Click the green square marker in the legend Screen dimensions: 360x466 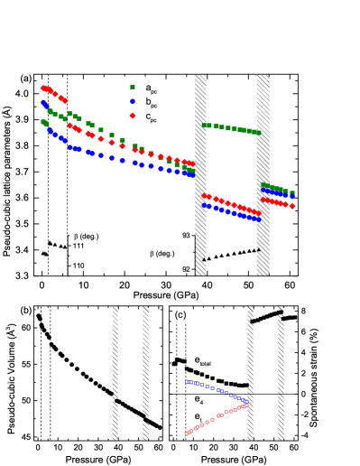coord(133,87)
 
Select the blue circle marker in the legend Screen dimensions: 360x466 coord(133,101)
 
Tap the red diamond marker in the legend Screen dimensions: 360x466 coord(133,116)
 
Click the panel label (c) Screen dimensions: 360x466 coord(180,314)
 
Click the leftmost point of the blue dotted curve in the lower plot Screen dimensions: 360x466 coord(187,381)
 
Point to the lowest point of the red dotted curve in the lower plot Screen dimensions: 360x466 coord(187,434)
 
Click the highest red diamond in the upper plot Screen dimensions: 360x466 coord(43,88)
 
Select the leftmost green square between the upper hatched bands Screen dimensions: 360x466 coord(205,125)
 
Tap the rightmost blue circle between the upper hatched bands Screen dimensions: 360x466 coord(258,219)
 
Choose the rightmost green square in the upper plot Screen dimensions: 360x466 coord(292,192)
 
